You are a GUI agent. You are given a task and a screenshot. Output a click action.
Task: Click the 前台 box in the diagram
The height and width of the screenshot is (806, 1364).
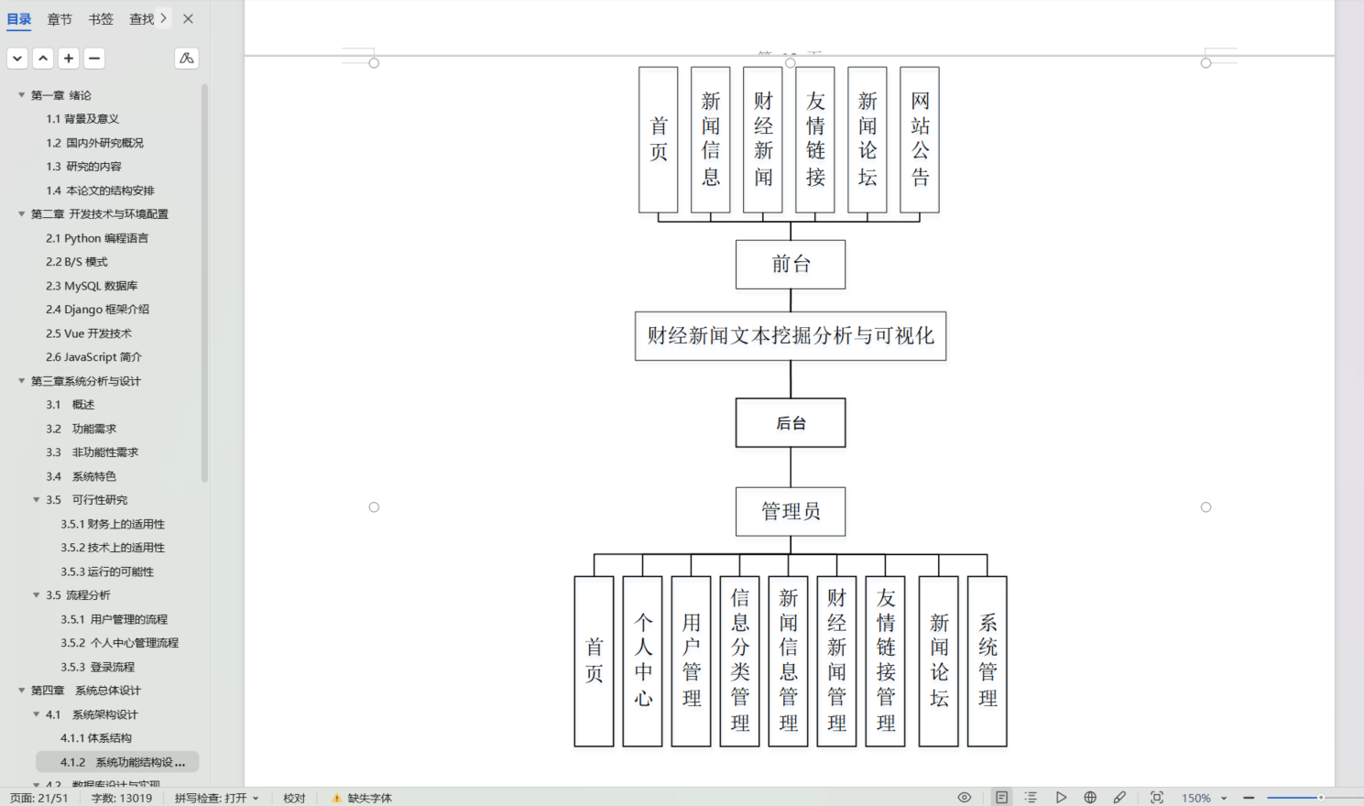(791, 265)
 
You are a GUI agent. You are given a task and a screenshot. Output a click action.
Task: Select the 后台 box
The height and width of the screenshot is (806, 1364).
(791, 423)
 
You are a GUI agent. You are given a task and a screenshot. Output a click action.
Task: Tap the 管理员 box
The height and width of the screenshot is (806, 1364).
(791, 511)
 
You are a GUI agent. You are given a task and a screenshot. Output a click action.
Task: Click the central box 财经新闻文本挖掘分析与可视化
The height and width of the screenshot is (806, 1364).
(791, 336)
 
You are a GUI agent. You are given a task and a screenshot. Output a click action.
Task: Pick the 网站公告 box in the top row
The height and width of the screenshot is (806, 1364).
(920, 139)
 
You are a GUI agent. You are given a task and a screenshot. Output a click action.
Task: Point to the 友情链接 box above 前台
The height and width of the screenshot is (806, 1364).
(815, 139)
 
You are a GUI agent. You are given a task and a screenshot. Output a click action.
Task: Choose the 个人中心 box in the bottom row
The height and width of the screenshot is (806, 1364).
(642, 661)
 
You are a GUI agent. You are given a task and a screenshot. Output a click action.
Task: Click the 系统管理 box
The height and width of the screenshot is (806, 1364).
(988, 661)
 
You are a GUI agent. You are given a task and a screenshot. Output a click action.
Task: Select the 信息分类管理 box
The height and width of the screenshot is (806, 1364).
(740, 661)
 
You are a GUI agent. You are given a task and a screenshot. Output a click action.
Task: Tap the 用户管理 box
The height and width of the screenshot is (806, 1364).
(691, 661)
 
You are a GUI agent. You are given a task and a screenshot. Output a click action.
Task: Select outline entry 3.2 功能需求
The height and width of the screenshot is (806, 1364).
(93, 429)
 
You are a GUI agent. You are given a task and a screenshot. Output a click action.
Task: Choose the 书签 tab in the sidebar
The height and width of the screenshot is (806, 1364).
(101, 19)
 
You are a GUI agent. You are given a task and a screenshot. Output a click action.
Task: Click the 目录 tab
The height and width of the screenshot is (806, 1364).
(19, 19)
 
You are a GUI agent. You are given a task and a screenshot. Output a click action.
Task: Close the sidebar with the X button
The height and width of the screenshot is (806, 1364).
(188, 18)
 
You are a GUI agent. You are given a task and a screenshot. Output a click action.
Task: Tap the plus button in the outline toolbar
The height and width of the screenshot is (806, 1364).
(69, 59)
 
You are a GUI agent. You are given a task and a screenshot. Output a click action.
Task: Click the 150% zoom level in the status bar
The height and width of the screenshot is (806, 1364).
(1195, 798)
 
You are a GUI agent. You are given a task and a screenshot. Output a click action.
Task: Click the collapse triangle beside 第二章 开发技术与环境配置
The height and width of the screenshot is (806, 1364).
(22, 214)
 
